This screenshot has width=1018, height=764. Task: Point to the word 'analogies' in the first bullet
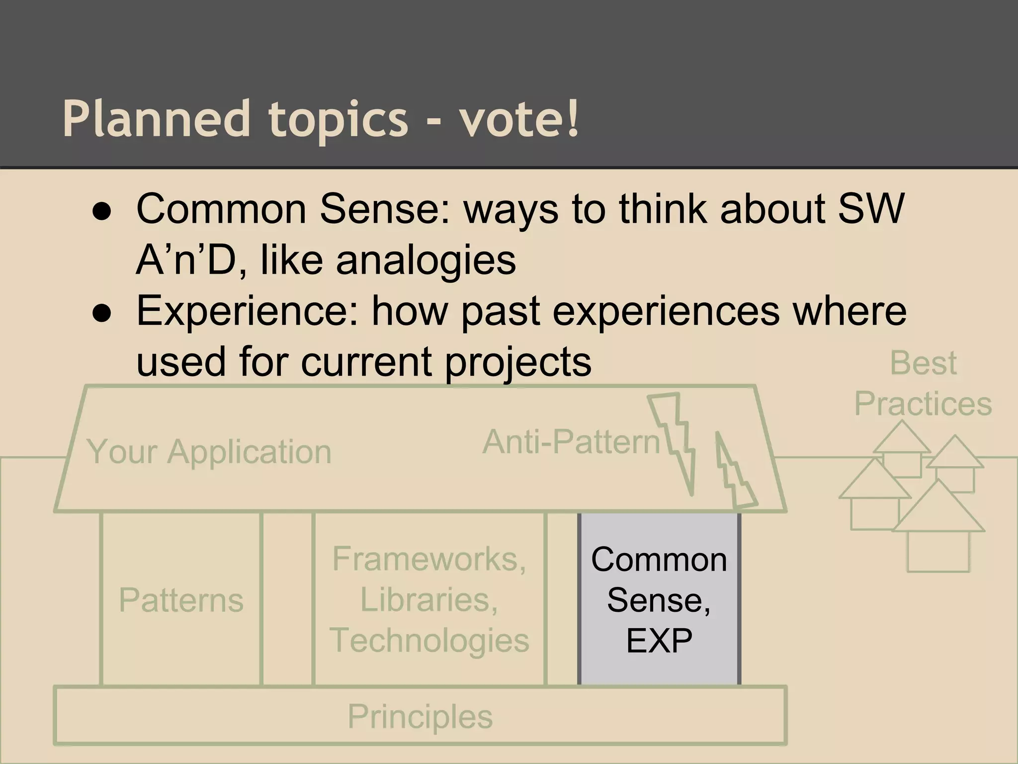pyautogui.click(x=426, y=260)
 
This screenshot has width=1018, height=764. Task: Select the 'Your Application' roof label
pyautogui.click(x=209, y=452)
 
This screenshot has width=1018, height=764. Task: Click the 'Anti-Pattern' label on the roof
pyautogui.click(x=571, y=442)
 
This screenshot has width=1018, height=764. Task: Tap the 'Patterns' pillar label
pyautogui.click(x=181, y=600)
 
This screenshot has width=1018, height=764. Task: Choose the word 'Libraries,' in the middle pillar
pyautogui.click(x=428, y=599)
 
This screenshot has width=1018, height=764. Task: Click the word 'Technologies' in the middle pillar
pyautogui.click(x=429, y=640)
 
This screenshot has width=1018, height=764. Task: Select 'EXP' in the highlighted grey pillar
pyautogui.click(x=659, y=641)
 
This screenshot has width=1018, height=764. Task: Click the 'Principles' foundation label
pyautogui.click(x=420, y=716)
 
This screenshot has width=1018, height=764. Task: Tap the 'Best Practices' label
pyautogui.click(x=923, y=383)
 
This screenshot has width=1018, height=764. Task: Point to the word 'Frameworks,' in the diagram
pyautogui.click(x=429, y=559)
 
